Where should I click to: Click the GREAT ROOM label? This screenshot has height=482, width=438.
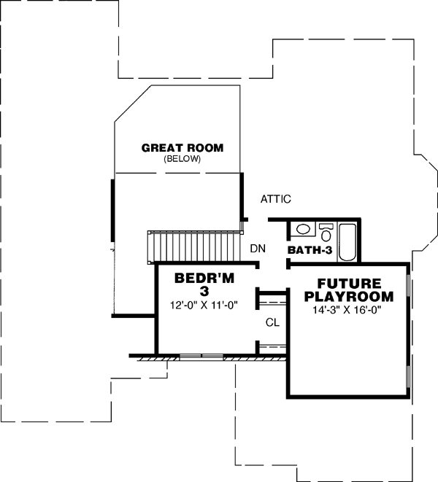[x=182, y=147]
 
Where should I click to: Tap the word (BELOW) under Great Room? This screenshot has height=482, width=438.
[x=182, y=158]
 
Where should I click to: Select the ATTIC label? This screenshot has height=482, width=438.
[x=276, y=198]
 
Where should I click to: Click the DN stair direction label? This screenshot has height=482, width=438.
[x=257, y=249]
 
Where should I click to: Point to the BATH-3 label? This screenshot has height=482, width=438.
[x=310, y=250]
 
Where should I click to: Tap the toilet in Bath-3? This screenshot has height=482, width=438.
[x=326, y=232]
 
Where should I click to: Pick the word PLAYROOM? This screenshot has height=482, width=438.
[x=348, y=297]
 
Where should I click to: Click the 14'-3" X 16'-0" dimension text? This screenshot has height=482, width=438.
[x=347, y=310]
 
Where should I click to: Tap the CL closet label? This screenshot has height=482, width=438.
[x=272, y=322]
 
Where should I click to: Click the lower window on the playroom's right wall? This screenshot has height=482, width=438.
[x=407, y=372]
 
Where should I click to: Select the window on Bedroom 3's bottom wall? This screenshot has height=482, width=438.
[x=201, y=357]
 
